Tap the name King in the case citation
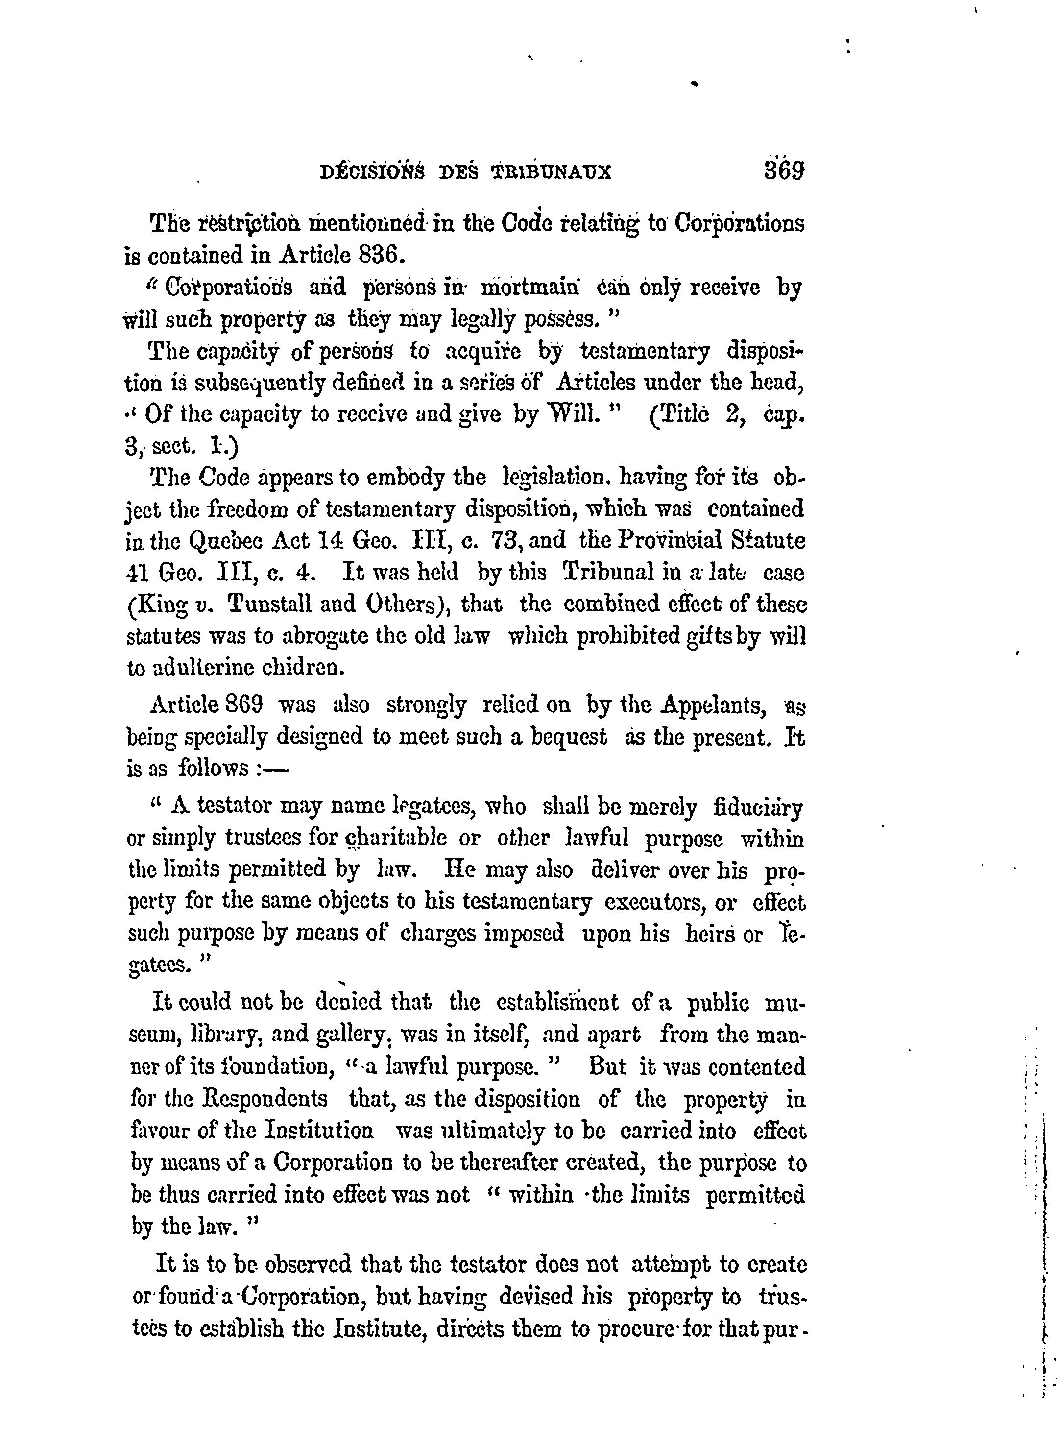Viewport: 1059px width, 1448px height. tap(156, 604)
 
